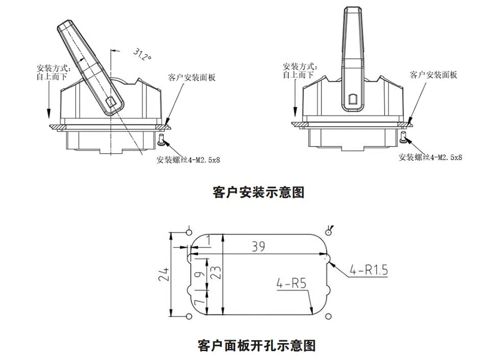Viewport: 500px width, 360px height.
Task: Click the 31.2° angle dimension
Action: (x=142, y=55)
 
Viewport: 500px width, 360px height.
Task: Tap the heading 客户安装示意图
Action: (x=258, y=193)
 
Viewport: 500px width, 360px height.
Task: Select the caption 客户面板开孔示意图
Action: (x=256, y=346)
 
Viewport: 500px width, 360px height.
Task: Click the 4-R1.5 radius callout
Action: (x=368, y=270)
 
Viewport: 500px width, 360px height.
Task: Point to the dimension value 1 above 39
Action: (x=208, y=239)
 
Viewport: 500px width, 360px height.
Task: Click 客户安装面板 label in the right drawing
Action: (x=434, y=75)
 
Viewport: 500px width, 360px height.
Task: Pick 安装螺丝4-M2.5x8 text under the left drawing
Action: (x=188, y=160)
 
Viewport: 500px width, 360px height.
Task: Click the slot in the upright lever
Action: (x=353, y=100)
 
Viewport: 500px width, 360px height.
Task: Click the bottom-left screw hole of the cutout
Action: (x=189, y=318)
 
